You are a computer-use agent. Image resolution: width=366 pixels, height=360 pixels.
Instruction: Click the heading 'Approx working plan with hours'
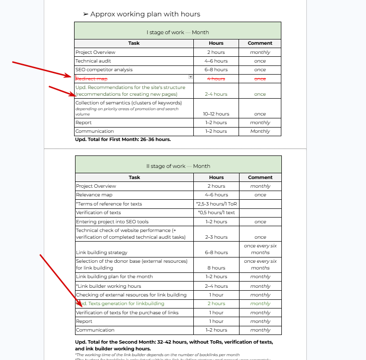coord(145,14)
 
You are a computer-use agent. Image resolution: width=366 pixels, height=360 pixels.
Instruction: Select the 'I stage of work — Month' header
coord(177,32)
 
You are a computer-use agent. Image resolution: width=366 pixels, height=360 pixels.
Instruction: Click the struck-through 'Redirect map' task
coord(91,78)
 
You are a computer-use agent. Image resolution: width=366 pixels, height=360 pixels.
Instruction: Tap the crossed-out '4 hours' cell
coord(216,78)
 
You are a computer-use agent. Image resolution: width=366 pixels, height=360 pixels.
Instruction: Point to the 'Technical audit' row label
coord(93,61)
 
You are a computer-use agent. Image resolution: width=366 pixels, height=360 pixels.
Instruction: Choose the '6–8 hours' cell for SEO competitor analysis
coord(216,70)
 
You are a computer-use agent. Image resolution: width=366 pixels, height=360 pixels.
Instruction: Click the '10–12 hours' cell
coord(216,114)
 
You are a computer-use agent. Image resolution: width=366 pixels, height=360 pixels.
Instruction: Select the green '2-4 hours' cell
coord(216,94)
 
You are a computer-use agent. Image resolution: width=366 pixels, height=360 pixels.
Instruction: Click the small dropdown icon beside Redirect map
coord(190,77)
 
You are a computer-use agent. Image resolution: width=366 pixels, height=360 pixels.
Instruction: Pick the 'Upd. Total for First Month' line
coord(123,140)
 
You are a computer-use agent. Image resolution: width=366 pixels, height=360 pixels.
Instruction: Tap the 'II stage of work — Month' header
coord(178,166)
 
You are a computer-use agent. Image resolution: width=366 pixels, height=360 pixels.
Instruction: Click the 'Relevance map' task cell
coord(94,195)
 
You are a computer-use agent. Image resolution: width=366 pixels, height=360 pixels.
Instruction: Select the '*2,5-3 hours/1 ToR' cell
coord(216,204)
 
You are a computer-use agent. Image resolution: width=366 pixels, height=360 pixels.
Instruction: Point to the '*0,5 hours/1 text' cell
coord(216,212)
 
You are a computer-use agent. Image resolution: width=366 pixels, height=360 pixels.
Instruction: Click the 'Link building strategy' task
coord(101,252)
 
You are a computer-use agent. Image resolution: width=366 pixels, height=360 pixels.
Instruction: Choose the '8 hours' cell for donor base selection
coord(216,268)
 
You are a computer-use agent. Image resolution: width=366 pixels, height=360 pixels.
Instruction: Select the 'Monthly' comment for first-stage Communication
coord(260,131)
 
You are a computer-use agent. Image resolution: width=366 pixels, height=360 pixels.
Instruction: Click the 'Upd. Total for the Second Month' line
coord(174,342)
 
